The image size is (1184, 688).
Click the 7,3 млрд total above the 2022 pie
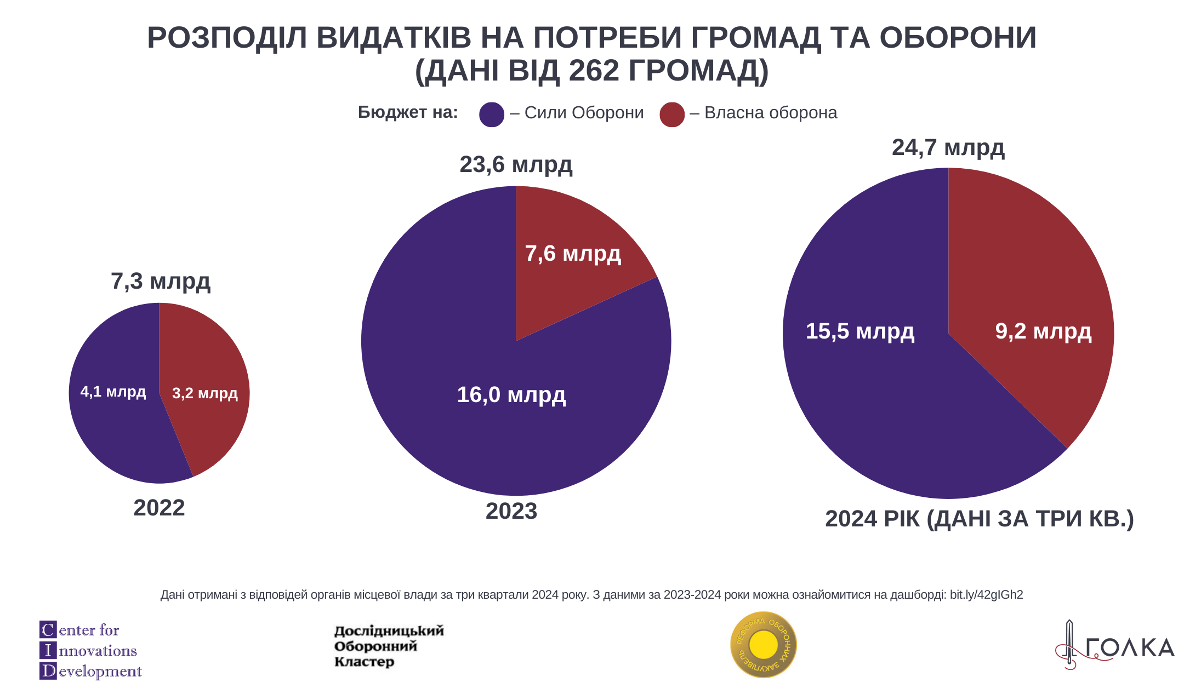tap(161, 282)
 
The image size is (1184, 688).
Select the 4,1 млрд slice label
tap(113, 392)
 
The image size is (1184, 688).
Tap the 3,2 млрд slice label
tap(204, 393)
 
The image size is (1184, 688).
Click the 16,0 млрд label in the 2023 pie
tap(511, 395)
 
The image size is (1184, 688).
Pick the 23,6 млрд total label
tap(516, 165)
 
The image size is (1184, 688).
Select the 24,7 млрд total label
tap(948, 148)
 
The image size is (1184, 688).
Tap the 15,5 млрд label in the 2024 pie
tap(859, 331)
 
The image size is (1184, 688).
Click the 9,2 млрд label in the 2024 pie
tap(1043, 331)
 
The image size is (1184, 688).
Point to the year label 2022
tap(159, 508)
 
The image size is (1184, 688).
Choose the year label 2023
tap(511, 511)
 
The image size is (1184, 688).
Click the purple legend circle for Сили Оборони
tap(491, 114)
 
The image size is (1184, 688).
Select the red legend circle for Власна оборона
tap(671, 114)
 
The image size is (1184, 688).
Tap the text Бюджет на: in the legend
tap(408, 112)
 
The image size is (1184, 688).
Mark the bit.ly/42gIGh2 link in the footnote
tap(986, 595)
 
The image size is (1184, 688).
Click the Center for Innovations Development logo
tap(90, 650)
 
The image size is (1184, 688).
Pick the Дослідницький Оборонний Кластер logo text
tap(389, 646)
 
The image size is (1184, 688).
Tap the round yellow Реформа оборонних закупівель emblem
tap(763, 645)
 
